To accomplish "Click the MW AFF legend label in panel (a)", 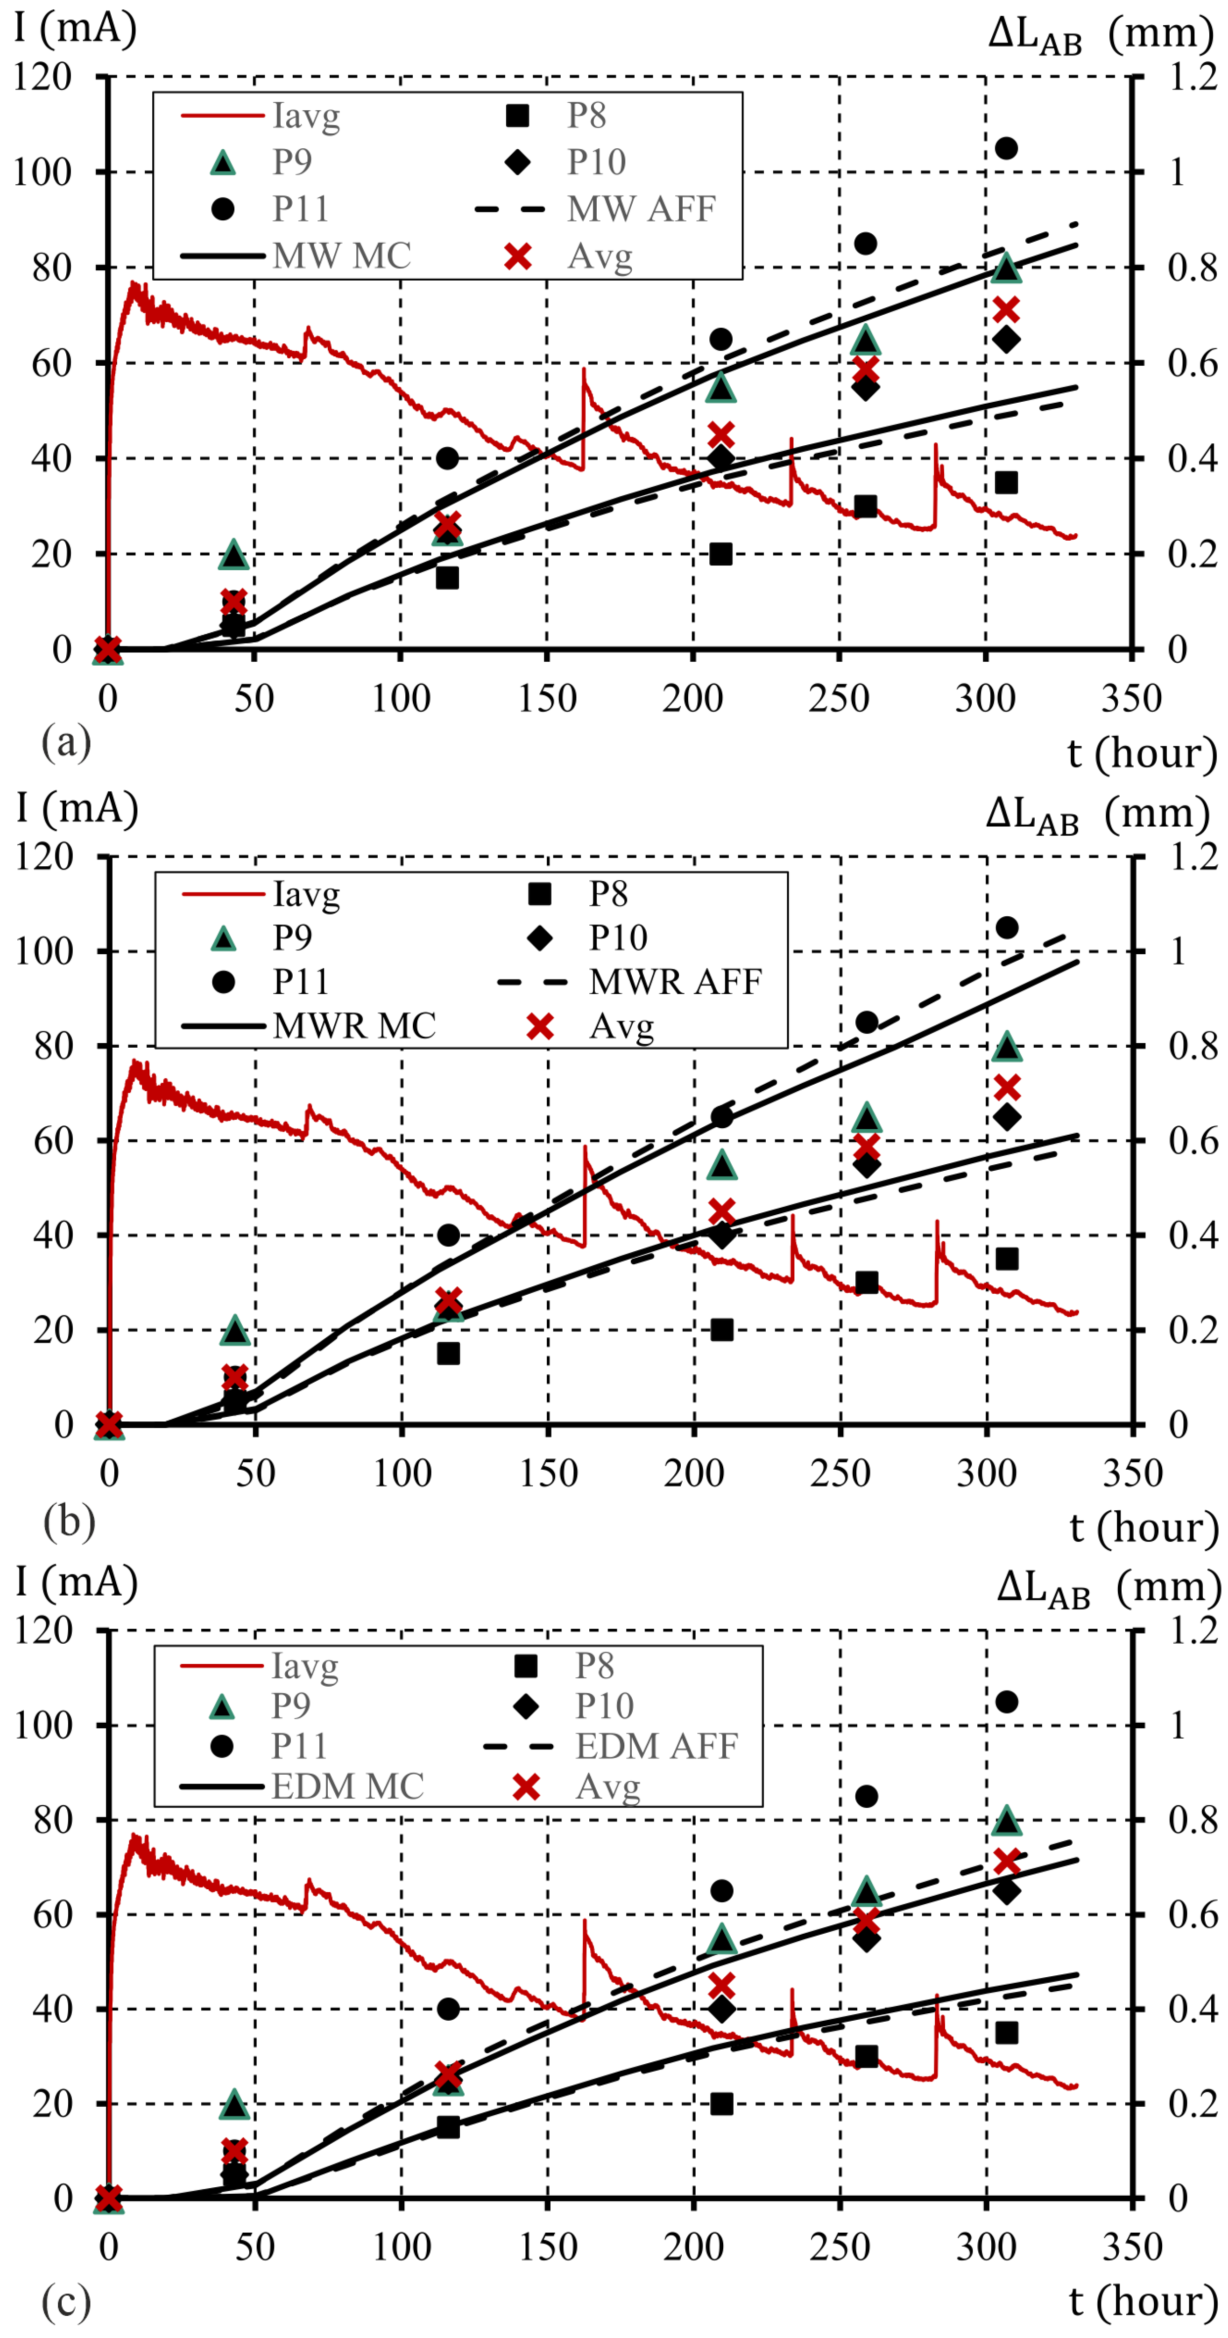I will coord(641,209).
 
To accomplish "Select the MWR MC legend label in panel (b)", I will coord(354,1025).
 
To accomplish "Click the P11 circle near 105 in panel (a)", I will coord(1006,148).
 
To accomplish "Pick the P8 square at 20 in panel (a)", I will coord(721,553).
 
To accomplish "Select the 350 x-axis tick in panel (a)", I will coord(1131,699).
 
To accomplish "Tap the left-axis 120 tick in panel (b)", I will coord(44,856).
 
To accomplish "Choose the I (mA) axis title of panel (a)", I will coord(75,27).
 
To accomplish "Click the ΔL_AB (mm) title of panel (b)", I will coord(1098,813).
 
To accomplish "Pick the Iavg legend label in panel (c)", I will coord(305,1666).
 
